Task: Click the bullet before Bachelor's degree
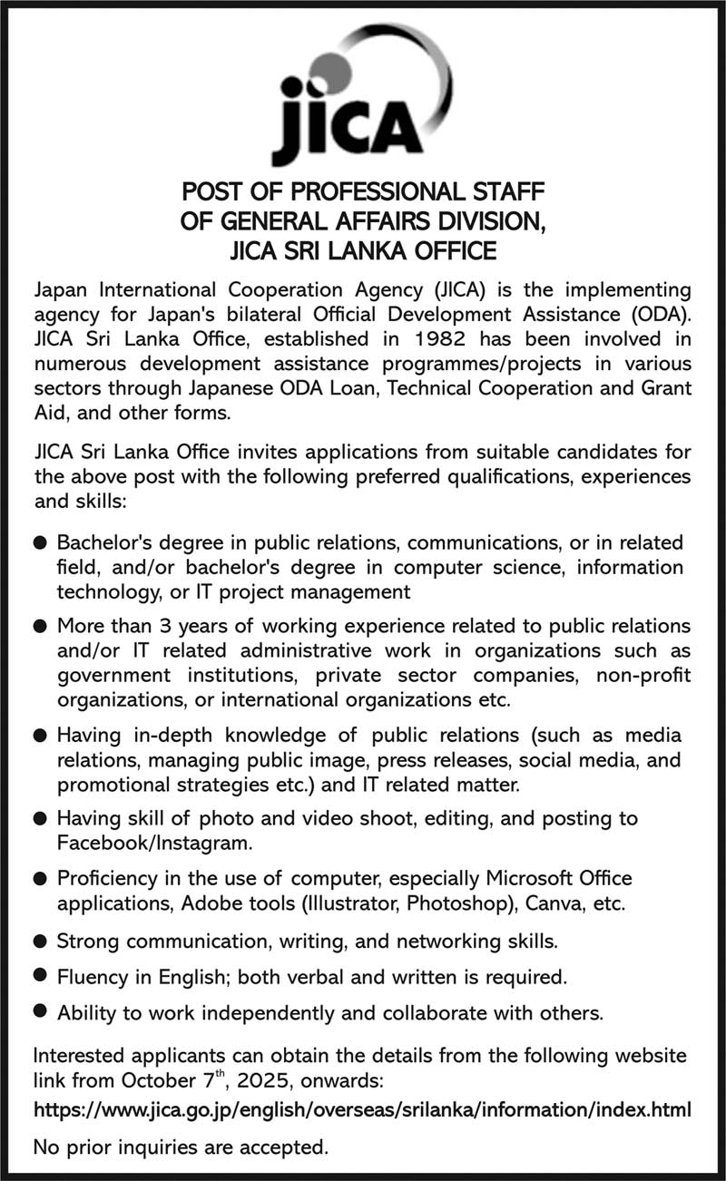40,543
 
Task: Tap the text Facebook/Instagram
153,844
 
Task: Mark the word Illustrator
351,903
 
